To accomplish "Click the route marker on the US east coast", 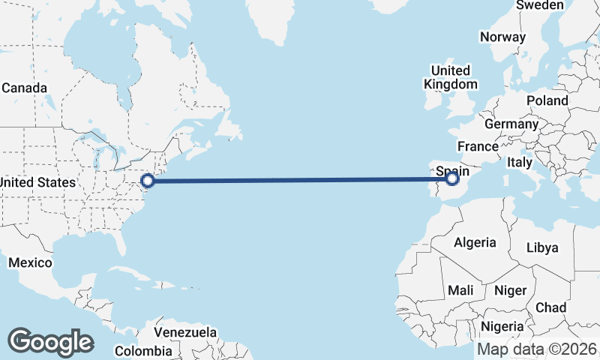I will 148,180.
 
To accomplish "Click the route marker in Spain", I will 452,178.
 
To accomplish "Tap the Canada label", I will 24,88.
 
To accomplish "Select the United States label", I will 37,182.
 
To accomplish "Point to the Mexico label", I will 30,262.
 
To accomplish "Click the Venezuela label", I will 185,332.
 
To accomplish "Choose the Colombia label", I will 143,350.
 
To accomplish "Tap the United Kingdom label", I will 450,77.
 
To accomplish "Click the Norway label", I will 502,37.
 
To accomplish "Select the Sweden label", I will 540,5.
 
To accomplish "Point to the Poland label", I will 547,100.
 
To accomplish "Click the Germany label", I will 511,124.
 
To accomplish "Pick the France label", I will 478,146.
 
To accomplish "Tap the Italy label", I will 520,162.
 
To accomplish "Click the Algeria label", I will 475,242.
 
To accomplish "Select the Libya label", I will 542,247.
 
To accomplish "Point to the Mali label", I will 460,289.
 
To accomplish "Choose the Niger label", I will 511,289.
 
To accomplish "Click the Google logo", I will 50,342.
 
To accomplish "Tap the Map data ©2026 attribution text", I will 537,349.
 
